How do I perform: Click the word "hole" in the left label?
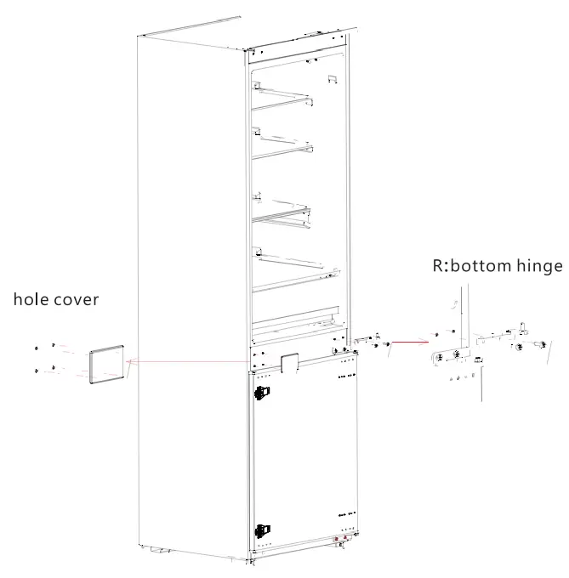[x=32, y=301]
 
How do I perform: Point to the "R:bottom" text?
[x=463, y=266]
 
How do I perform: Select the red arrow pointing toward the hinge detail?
[x=408, y=344]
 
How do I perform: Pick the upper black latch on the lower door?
[x=261, y=393]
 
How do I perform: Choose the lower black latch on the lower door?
[x=260, y=530]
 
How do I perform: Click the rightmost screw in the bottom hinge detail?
[x=541, y=344]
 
